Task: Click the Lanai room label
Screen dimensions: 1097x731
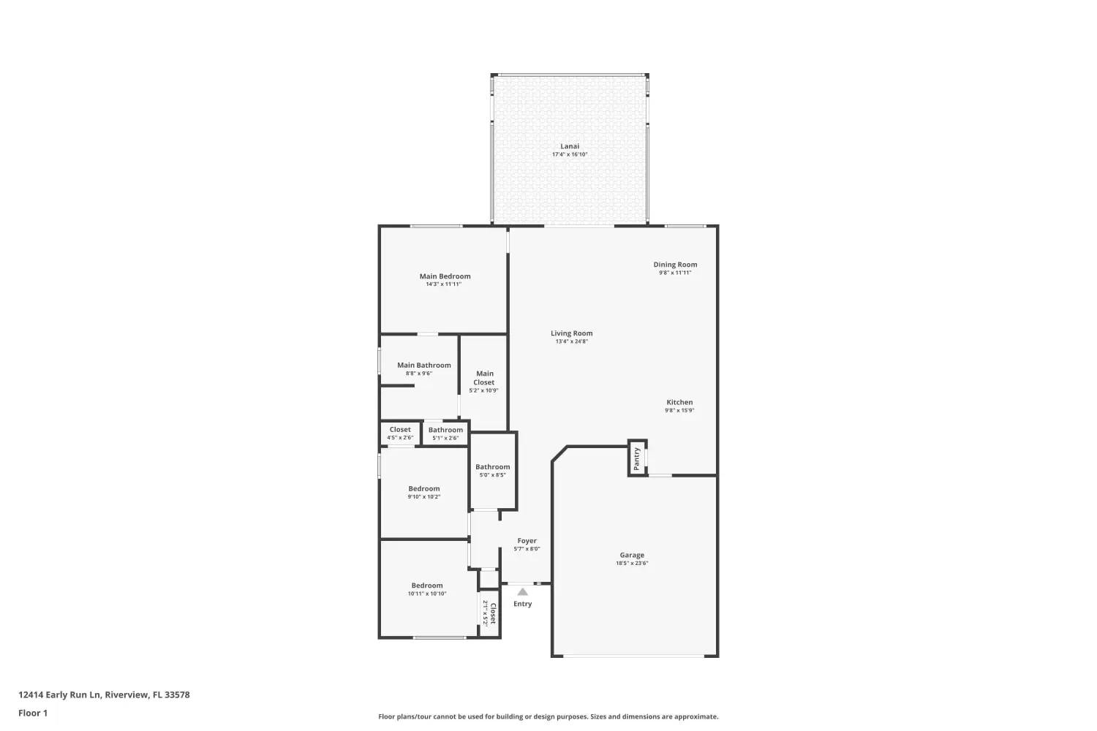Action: [x=570, y=146]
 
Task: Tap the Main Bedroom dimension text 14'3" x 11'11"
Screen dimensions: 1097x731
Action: [x=444, y=284]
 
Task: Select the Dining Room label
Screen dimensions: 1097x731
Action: [x=675, y=265]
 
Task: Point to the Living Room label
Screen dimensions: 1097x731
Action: [x=571, y=333]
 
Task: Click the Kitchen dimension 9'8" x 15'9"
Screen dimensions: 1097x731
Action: [x=679, y=410]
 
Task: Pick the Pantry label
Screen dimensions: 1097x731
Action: [x=637, y=459]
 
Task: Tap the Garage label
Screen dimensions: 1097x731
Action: [x=632, y=555]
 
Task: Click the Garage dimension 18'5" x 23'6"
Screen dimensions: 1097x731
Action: [x=632, y=563]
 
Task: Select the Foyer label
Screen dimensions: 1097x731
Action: [x=527, y=540]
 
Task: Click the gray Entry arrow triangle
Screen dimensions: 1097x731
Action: [x=523, y=592]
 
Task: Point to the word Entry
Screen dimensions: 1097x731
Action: [x=523, y=604]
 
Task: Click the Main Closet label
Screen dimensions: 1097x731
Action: [x=484, y=377]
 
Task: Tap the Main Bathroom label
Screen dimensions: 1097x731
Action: [x=424, y=365]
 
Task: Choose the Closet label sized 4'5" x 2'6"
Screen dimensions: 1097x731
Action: [x=400, y=429]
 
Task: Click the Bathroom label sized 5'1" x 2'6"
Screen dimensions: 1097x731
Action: [x=445, y=430]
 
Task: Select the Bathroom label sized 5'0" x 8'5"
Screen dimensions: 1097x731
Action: [x=493, y=466]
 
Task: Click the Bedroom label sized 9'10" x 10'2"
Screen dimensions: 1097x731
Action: [x=424, y=488]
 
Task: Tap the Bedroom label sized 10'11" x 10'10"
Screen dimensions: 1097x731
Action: [x=427, y=585]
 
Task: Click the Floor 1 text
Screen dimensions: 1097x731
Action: [x=33, y=713]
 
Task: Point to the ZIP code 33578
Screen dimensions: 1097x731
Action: [x=177, y=694]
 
